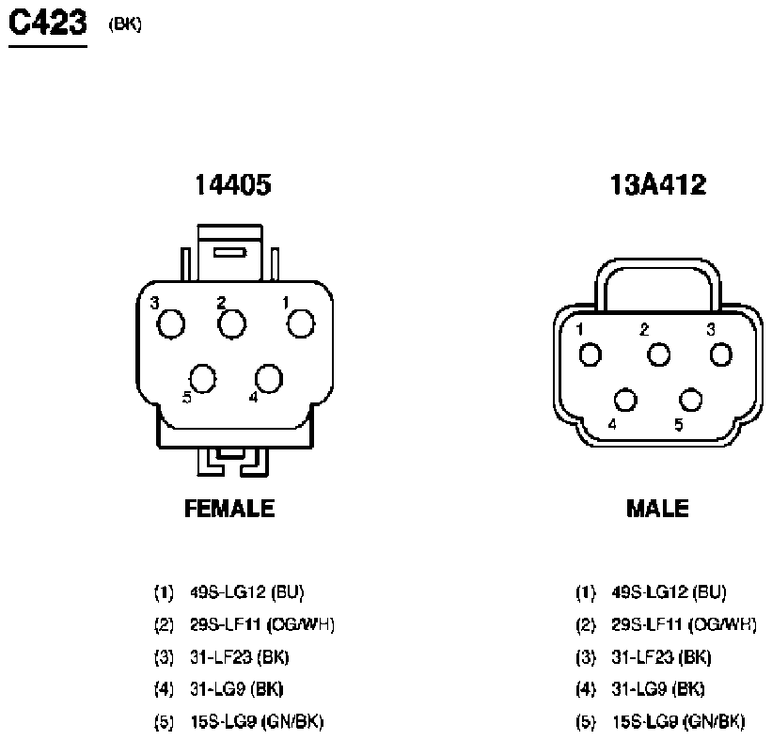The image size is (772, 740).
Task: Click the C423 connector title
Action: pos(48,23)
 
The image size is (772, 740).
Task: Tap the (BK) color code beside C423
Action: pos(125,24)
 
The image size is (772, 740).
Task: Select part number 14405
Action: pos(233,184)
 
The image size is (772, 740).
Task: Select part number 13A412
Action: pos(658,184)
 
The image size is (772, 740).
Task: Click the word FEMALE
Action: pos(229,508)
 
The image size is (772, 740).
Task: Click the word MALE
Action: pos(657,508)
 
